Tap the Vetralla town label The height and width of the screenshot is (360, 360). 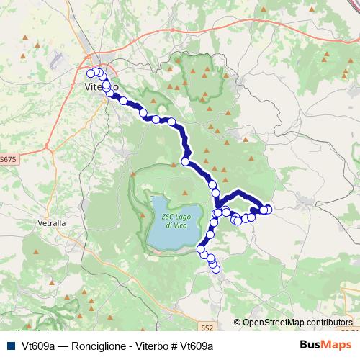[52, 223]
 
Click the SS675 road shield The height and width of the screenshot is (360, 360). [7, 158]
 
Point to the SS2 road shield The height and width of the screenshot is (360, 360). [207, 328]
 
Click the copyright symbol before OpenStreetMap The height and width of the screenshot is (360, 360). [237, 323]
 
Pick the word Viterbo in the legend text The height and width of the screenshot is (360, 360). [144, 346]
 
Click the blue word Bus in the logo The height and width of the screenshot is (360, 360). [309, 345]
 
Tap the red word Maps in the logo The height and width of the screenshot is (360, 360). [334, 345]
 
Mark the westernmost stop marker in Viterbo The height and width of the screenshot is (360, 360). [91, 73]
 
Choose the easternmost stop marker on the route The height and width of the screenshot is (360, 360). [269, 209]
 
